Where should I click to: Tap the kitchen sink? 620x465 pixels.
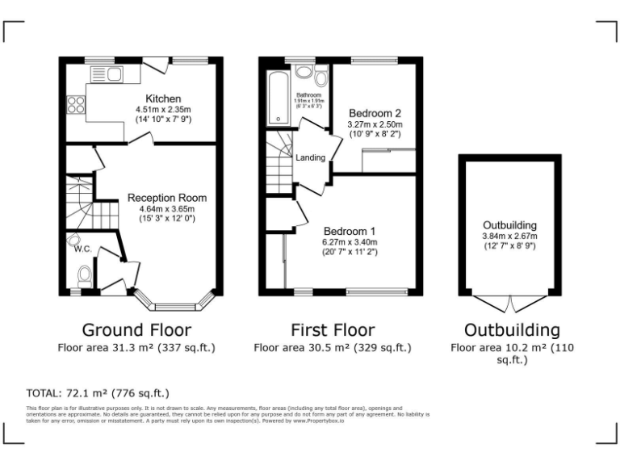[106, 76]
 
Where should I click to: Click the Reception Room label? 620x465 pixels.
[166, 198]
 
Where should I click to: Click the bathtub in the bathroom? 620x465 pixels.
[279, 97]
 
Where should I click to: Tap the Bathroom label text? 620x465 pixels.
[308, 95]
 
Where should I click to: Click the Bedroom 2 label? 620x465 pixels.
[374, 113]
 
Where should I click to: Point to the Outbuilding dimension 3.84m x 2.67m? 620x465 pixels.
[509, 237]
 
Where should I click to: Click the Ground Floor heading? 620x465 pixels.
[136, 329]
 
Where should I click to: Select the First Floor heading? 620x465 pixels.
[332, 329]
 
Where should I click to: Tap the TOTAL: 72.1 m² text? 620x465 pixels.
[98, 393]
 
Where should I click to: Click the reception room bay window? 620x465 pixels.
[176, 304]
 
